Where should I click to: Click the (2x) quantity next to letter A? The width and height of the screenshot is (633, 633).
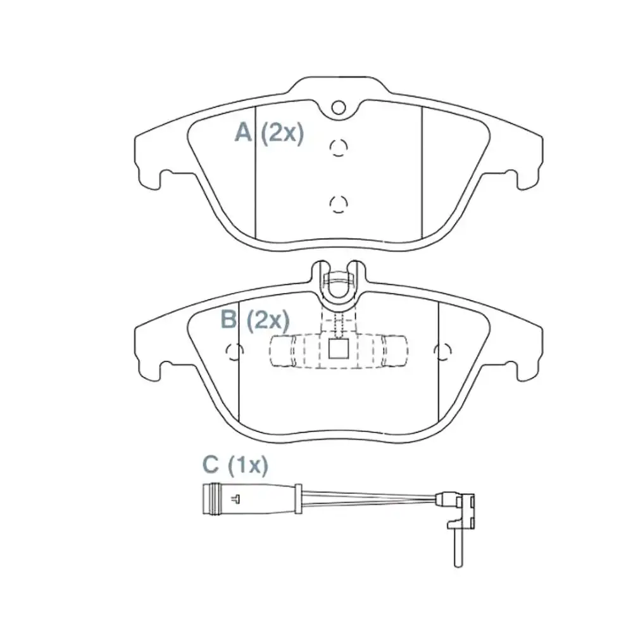(x=282, y=133)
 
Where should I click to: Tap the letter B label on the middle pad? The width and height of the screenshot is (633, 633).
(x=229, y=320)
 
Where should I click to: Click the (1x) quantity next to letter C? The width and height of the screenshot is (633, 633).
(x=248, y=465)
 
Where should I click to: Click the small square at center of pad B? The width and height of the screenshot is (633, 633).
(x=339, y=349)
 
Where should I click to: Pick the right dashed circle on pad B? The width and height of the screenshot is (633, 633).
(x=442, y=350)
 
